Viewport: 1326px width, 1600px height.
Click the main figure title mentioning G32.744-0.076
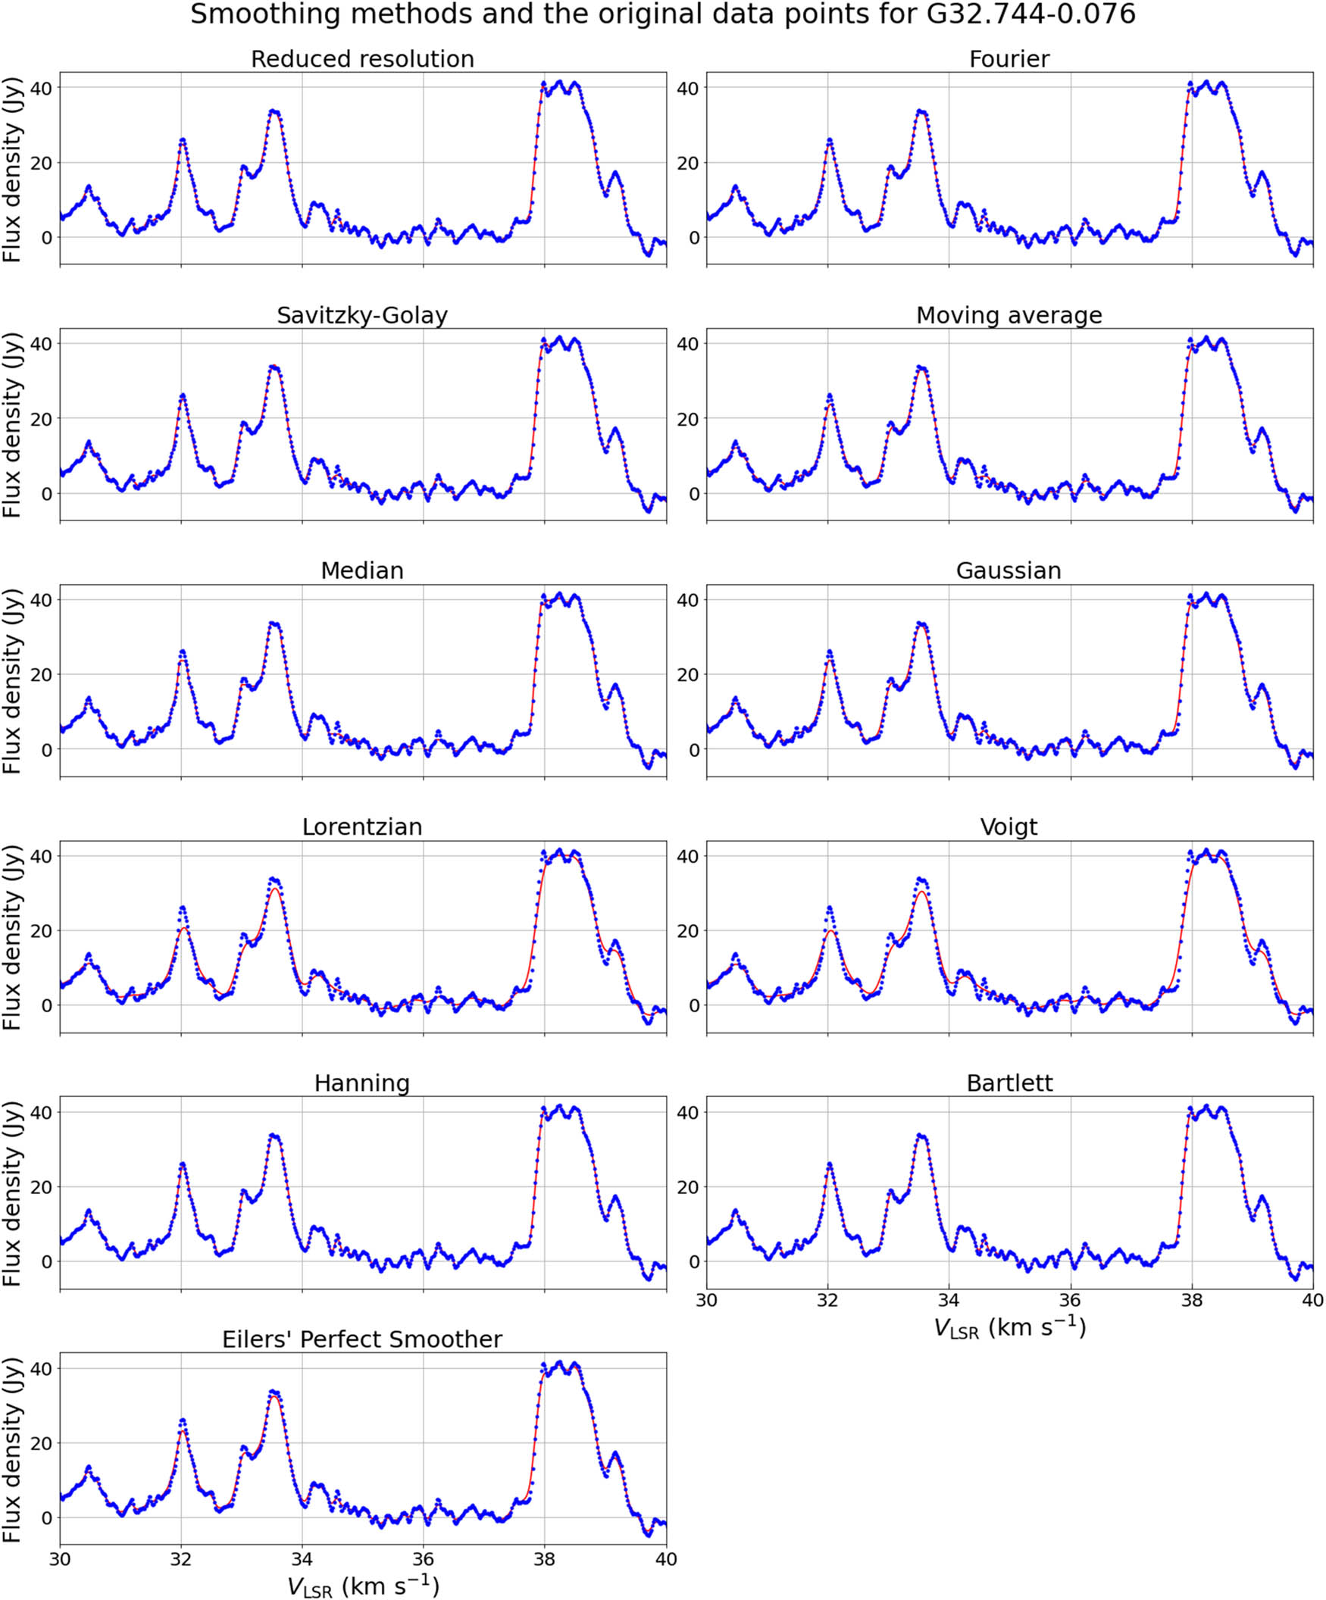coord(662,14)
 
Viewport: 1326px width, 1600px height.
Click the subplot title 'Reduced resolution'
coord(362,59)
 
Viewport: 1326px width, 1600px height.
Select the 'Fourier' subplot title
coord(1009,59)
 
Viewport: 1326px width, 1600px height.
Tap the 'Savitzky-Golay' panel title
coord(362,315)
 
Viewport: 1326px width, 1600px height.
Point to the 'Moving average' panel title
coord(1009,315)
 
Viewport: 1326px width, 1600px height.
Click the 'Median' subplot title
coord(362,570)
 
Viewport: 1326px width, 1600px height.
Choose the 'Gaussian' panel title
coord(1009,570)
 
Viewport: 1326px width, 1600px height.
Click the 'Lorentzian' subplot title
coord(362,827)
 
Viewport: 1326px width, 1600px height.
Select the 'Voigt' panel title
coord(1009,827)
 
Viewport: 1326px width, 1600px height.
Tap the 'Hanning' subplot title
coord(362,1083)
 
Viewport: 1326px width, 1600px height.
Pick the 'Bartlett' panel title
coord(1009,1083)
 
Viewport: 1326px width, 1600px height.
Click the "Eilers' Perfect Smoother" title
coord(362,1339)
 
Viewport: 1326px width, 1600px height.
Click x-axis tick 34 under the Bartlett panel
coord(948,1300)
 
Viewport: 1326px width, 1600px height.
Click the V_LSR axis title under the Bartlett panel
coord(1009,1328)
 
